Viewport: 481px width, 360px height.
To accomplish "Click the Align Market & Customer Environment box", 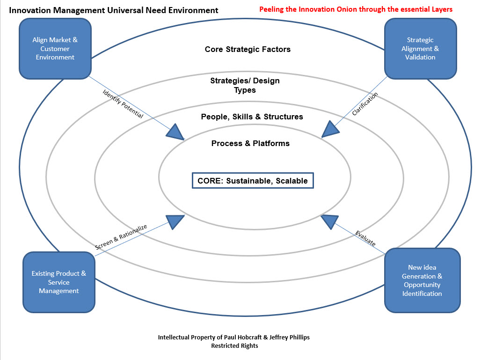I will [x=55, y=49].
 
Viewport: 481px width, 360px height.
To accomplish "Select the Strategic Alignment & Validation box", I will [x=420, y=49].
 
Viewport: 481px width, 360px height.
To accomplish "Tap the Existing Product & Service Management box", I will [x=58, y=282].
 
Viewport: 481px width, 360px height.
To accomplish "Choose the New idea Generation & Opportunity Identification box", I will [x=422, y=280].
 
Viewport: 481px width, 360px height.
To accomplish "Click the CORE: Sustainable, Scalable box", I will [x=253, y=181].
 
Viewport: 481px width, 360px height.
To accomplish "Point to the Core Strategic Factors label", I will [x=248, y=49].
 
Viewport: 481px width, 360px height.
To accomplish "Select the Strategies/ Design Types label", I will [x=245, y=85].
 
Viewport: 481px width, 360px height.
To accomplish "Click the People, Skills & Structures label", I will [x=252, y=117].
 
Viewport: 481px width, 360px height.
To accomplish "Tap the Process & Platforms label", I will [x=250, y=143].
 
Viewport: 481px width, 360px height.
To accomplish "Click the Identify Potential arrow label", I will [x=123, y=103].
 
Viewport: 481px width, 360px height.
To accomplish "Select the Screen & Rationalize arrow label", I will [x=121, y=237].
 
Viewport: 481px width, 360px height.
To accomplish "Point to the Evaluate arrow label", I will [x=365, y=238].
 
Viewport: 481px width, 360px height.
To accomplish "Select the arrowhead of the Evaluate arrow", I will [x=329, y=220].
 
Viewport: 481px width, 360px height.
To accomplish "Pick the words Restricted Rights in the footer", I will [x=234, y=346].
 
